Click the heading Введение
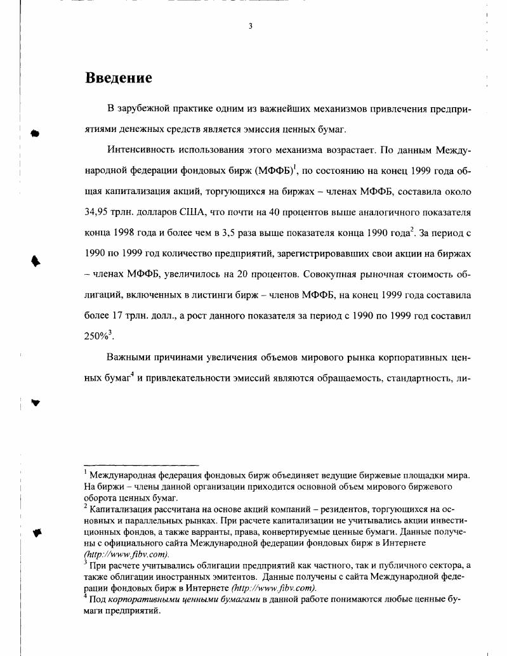(x=119, y=78)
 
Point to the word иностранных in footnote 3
(x=182, y=578)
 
